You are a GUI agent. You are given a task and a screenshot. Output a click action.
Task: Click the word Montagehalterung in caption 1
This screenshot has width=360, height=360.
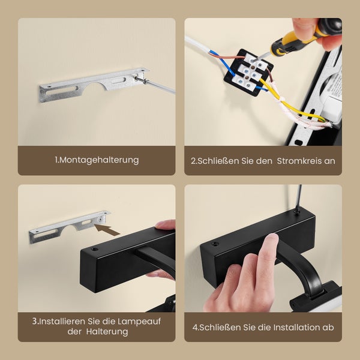(x=99, y=160)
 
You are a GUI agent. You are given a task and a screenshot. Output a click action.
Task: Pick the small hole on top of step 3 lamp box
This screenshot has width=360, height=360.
(x=95, y=248)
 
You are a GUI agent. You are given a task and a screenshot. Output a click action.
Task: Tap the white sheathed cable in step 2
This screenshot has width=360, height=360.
(x=198, y=45)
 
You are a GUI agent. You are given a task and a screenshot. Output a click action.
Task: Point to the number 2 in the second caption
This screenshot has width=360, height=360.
(x=193, y=161)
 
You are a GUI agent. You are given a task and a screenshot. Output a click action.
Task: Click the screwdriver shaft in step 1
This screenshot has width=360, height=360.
(x=160, y=86)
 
